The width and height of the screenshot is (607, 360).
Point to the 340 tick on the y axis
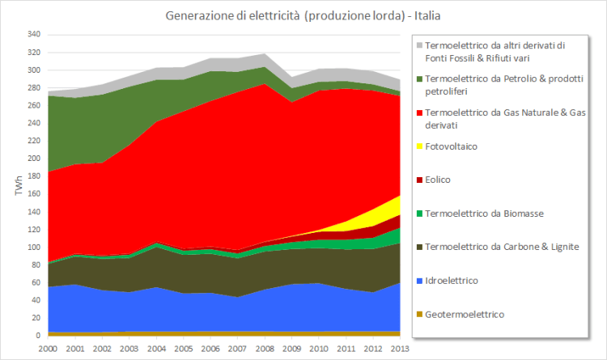click(x=33, y=35)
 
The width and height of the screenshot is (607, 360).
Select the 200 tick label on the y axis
click(x=33, y=159)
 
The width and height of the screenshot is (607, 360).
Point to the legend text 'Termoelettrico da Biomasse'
click(x=486, y=213)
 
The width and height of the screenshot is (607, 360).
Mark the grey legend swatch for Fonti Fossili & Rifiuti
click(x=418, y=45)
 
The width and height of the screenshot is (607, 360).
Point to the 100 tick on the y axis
click(x=33, y=247)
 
